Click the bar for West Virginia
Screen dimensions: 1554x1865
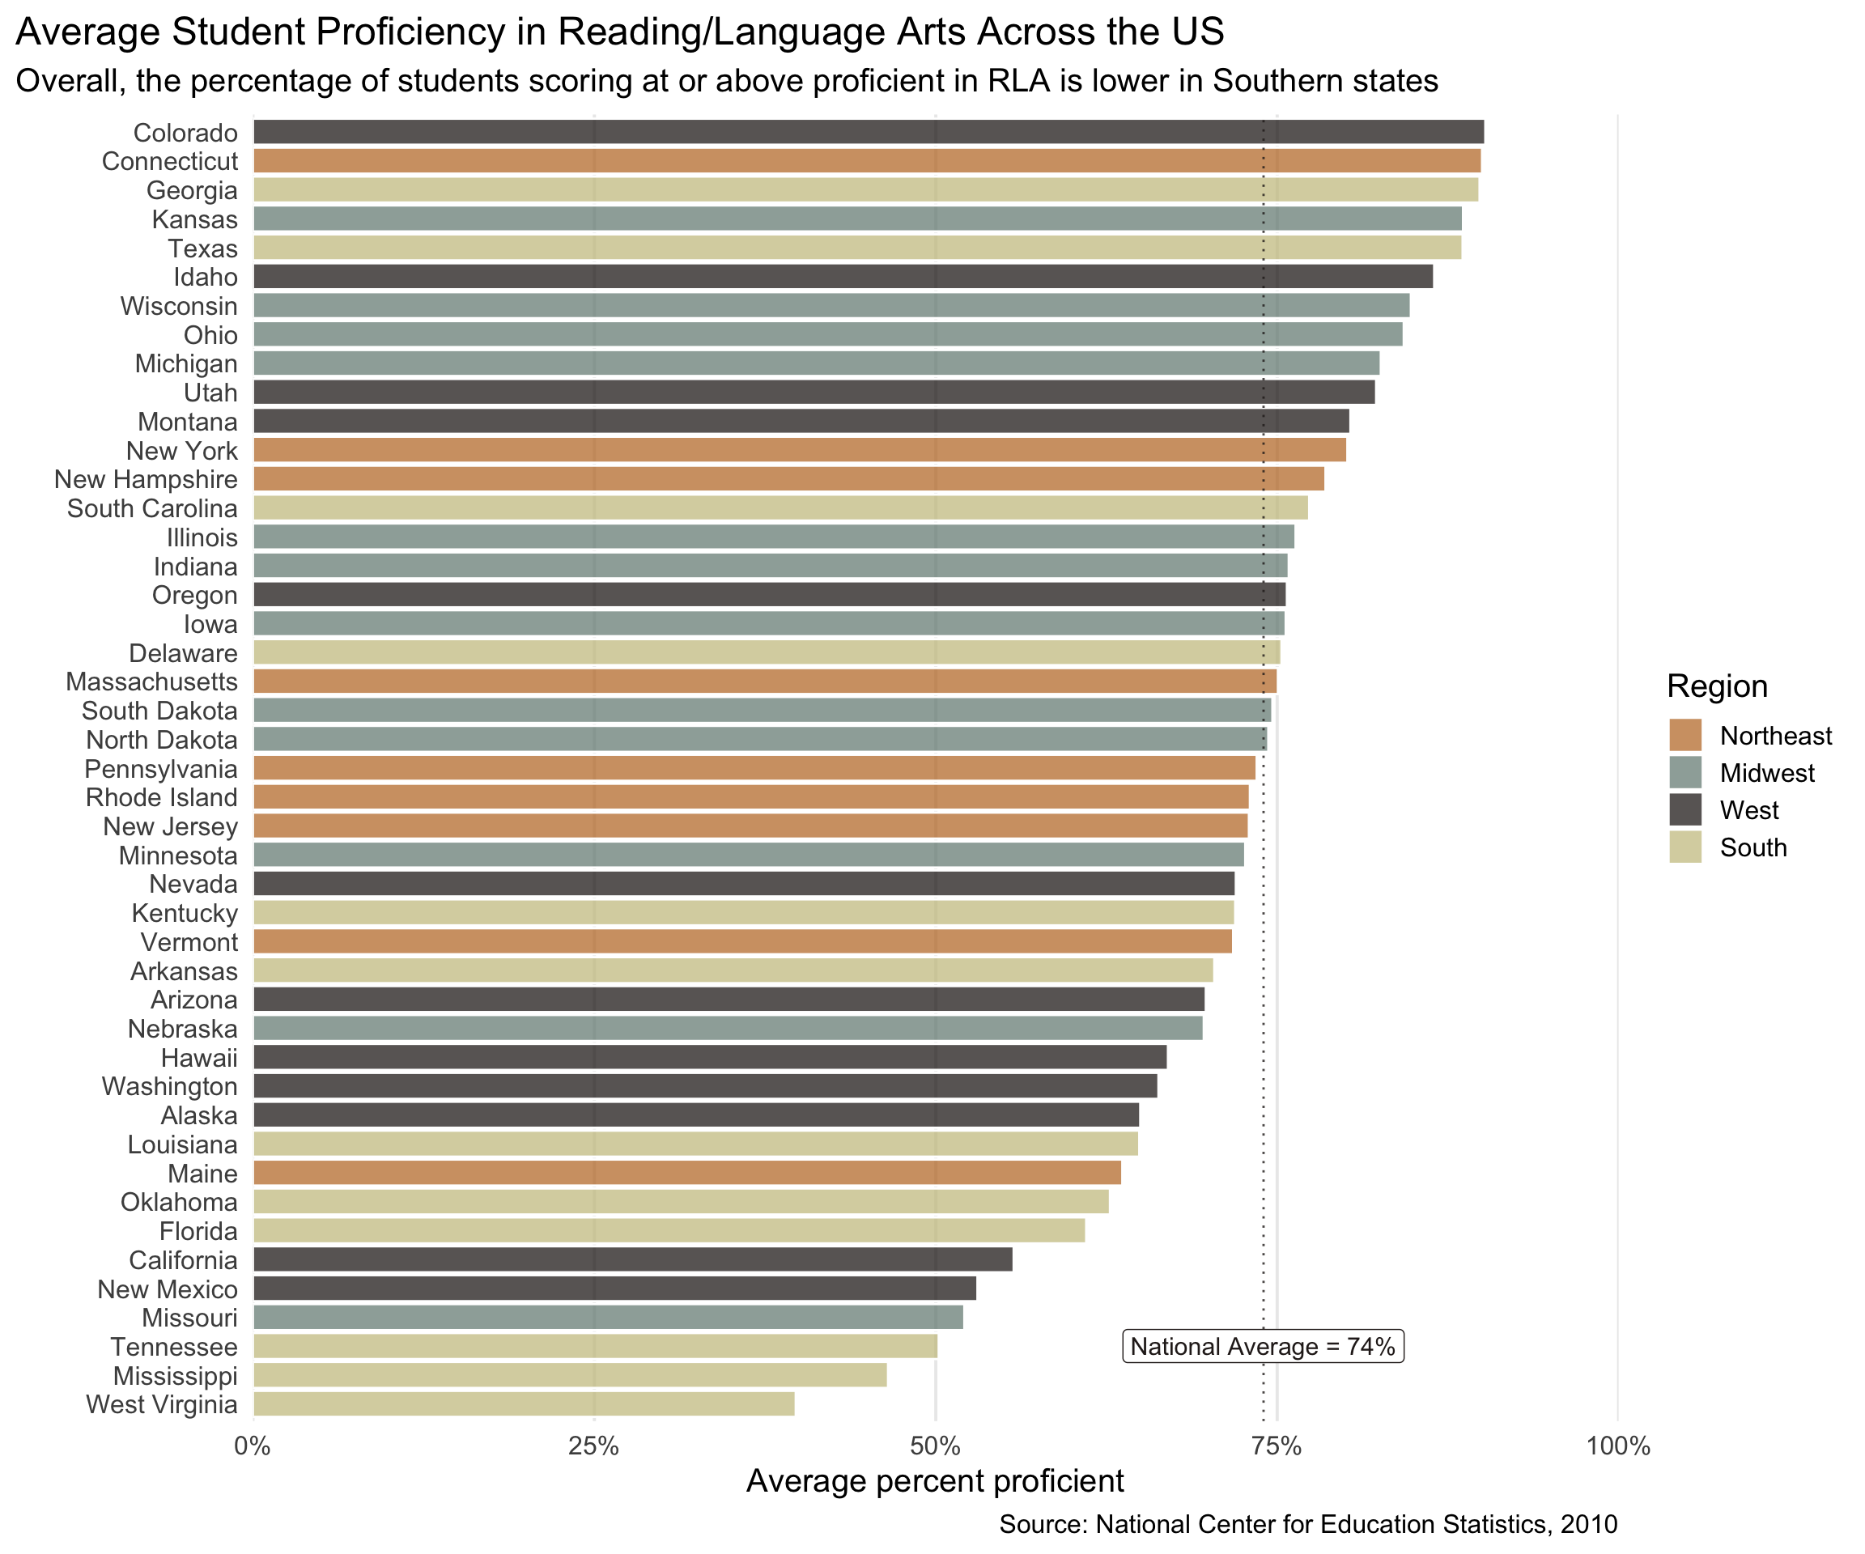[524, 1404]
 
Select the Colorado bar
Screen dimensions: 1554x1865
[869, 131]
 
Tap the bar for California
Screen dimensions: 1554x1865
[632, 1259]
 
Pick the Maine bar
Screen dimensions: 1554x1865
[686, 1172]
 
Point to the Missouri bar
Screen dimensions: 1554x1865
[607, 1317]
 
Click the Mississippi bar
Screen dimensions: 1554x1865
[569, 1374]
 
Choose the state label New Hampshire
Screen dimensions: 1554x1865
[146, 479]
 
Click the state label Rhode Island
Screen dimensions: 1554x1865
[162, 797]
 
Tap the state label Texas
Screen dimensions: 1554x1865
[202, 248]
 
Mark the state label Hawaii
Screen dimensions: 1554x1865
[199, 1058]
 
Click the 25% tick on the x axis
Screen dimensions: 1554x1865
[593, 1446]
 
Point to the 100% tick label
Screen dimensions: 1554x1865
[1617, 1446]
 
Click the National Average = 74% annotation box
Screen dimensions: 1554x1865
[1263, 1346]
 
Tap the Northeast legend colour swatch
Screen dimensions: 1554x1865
[1684, 735]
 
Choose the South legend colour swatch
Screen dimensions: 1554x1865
[1684, 847]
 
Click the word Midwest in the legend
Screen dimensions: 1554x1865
[1766, 773]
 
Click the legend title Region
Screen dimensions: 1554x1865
[1717, 686]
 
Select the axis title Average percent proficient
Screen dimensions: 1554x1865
[934, 1481]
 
